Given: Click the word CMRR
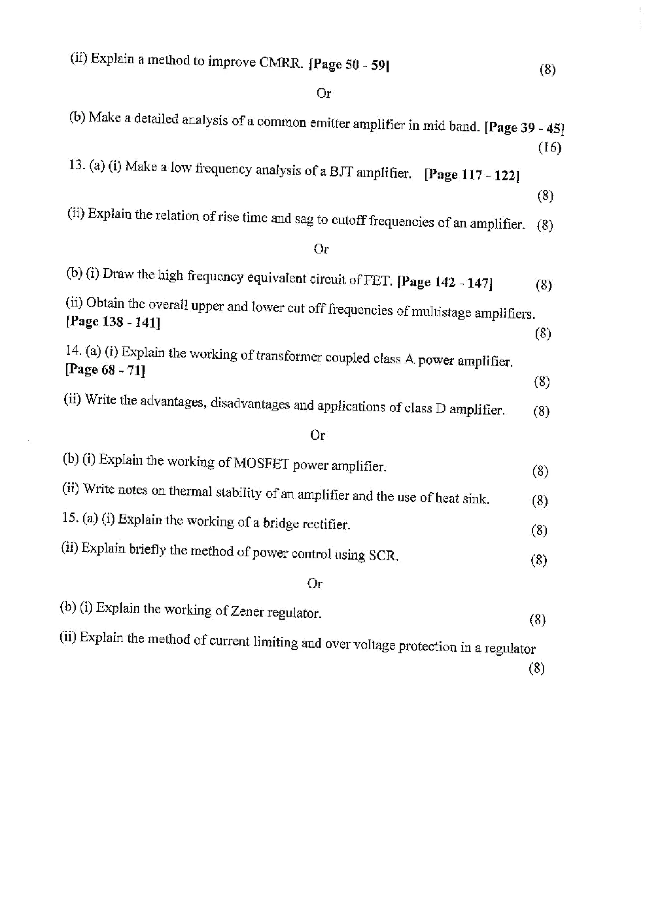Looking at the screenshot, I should pyautogui.click(x=281, y=63).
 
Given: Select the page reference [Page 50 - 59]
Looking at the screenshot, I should pyautogui.click(x=349, y=65).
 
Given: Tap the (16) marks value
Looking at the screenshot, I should pyautogui.click(x=550, y=148).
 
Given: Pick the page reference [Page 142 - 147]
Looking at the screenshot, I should pyautogui.click(x=445, y=282).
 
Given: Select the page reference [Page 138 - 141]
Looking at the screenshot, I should pyautogui.click(x=113, y=322).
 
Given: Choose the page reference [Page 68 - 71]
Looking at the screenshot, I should pyautogui.click(x=105, y=370).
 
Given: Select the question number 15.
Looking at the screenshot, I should pyautogui.click(x=70, y=517).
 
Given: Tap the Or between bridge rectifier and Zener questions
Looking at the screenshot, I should pyautogui.click(x=315, y=584).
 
